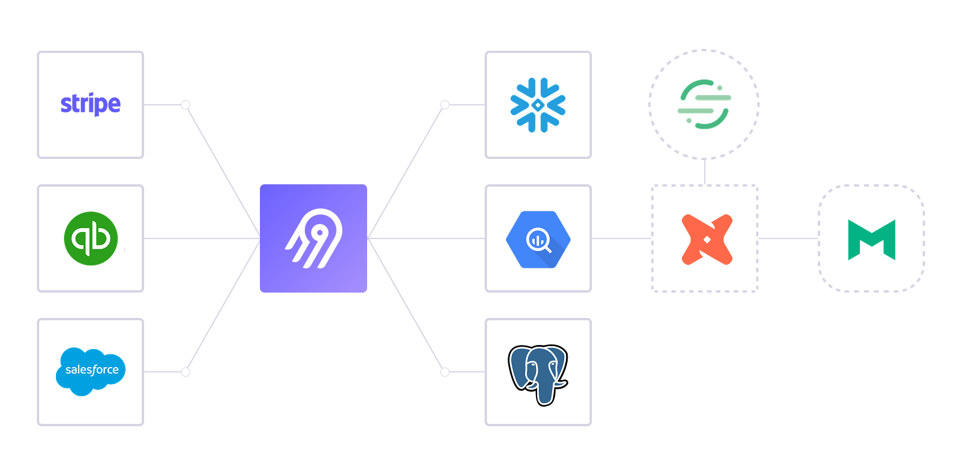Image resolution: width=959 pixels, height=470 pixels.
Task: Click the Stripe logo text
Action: click(x=90, y=104)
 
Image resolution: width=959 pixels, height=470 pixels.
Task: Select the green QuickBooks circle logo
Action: click(x=90, y=238)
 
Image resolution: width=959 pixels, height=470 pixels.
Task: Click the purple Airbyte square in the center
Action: click(x=314, y=238)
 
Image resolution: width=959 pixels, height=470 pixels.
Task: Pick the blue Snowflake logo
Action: click(x=538, y=105)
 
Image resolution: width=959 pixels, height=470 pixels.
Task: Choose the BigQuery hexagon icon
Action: click(x=538, y=239)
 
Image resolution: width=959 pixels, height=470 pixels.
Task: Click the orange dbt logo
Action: click(x=707, y=239)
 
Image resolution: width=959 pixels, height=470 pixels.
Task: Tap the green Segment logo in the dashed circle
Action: click(x=704, y=104)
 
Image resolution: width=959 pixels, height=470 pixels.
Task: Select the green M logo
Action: click(x=871, y=240)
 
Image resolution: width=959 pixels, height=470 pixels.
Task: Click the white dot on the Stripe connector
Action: click(x=186, y=105)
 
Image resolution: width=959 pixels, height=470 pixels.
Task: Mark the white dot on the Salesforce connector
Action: click(x=186, y=372)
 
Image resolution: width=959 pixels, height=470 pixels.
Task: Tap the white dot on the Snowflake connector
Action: click(x=445, y=105)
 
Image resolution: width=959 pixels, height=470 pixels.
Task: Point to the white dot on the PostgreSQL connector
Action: click(x=445, y=372)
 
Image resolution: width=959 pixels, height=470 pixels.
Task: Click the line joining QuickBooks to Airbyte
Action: click(x=202, y=238)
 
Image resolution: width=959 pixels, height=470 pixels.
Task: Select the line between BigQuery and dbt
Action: click(x=621, y=238)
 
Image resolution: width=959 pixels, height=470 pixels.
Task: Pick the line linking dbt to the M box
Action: click(x=788, y=238)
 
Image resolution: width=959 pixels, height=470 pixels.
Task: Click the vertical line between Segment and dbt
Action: click(x=705, y=172)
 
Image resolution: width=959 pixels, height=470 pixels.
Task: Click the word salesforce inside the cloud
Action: click(x=92, y=370)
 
